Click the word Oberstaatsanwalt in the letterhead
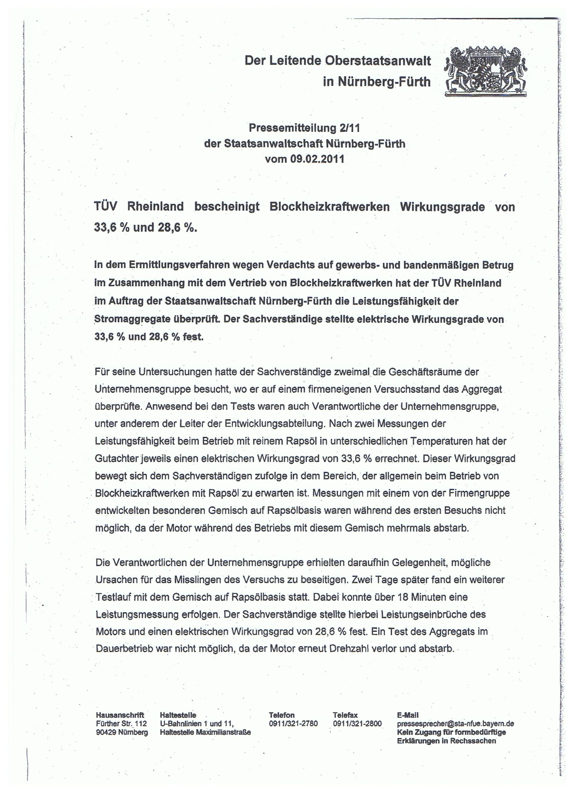point(378,61)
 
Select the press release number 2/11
point(349,128)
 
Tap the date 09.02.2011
point(317,159)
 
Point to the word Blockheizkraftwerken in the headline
point(329,207)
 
